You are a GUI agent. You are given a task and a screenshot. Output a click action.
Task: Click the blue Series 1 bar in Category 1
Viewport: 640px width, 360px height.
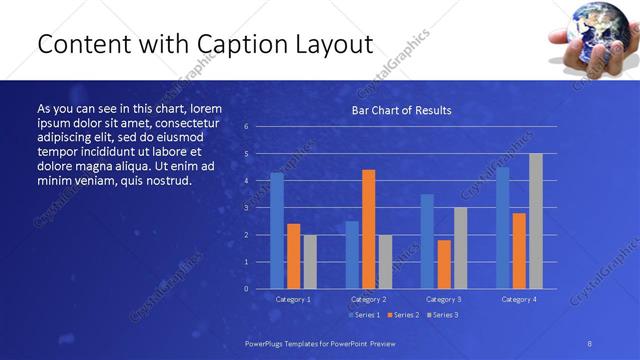point(277,231)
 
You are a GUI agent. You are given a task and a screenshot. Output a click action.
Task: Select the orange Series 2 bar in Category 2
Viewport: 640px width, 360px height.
point(369,229)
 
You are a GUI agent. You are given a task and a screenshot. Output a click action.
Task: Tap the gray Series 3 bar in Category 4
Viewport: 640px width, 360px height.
point(536,221)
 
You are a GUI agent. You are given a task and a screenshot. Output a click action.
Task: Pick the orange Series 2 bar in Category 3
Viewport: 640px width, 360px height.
point(444,264)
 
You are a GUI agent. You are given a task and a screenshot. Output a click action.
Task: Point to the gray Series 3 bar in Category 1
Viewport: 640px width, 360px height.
point(310,262)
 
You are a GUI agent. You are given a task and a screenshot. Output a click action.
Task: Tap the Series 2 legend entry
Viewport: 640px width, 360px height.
point(403,315)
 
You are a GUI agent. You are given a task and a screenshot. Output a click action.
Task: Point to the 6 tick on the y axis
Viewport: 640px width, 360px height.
point(247,127)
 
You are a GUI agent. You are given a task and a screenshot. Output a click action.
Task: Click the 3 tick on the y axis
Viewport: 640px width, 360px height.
point(247,208)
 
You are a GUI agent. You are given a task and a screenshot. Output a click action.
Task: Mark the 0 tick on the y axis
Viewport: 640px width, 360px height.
point(247,289)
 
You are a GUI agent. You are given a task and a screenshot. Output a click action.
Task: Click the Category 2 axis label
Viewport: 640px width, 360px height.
point(369,299)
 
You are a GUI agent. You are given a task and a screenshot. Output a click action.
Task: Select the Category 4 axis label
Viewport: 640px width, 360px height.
point(518,299)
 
